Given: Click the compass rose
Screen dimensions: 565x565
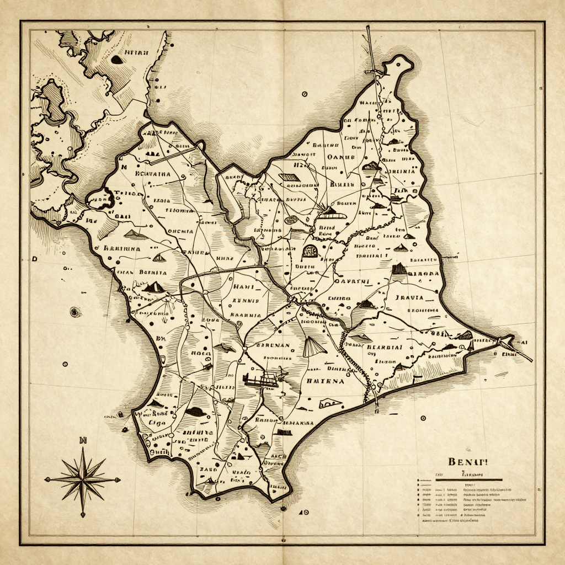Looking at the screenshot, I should point(82,479).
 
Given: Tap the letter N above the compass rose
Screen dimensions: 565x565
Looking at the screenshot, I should point(83,440).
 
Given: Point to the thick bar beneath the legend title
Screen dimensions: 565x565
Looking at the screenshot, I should point(468,479).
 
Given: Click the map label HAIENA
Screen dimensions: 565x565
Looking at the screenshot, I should point(325,381).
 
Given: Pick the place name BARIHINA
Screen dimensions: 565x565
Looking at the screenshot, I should point(121,248).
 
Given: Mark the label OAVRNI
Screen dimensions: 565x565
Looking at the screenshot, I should point(351,281).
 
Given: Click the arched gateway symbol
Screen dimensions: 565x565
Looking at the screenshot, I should point(310,251).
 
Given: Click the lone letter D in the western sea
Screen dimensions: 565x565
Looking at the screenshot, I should point(34,258).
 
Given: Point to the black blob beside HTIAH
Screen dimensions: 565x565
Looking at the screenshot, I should point(116,59).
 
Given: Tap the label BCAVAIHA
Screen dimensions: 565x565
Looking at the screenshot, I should point(153,174).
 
